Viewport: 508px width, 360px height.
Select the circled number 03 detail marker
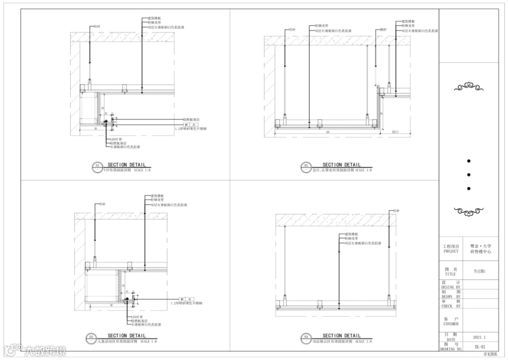click(92, 337)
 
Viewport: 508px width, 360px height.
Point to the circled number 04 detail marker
click(306, 337)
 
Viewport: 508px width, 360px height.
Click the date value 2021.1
click(479, 337)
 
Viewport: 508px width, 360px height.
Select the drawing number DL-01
click(480, 347)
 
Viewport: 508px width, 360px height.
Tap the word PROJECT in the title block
click(451, 251)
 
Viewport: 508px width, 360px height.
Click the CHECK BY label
click(451, 306)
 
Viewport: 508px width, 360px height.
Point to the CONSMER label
click(451, 324)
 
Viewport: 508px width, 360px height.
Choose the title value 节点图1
click(480, 272)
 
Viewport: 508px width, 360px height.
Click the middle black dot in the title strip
click(468, 175)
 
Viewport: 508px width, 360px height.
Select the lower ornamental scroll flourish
click(468, 213)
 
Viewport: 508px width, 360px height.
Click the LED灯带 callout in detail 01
click(116, 139)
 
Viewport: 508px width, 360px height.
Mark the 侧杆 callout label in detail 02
click(383, 29)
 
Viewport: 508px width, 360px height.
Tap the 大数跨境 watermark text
click(45, 350)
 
